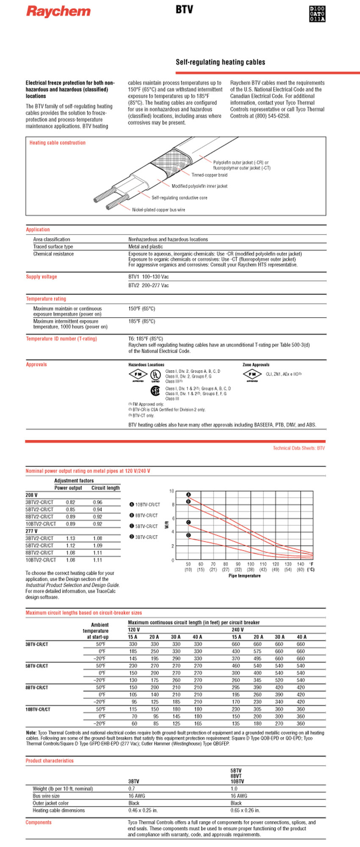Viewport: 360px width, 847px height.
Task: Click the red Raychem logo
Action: point(58,11)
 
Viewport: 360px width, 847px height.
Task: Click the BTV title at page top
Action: point(184,9)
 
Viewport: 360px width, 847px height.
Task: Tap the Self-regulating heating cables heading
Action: point(220,62)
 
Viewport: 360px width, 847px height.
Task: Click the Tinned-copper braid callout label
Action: point(209,175)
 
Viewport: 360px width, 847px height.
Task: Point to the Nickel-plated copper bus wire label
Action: point(158,210)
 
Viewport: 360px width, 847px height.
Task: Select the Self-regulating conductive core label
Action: point(179,198)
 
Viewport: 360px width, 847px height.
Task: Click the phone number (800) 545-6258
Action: point(272,116)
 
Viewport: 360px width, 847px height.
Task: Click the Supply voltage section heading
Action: point(42,277)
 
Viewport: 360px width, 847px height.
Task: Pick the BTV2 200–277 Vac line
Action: point(149,285)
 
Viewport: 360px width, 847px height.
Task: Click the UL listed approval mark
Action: point(156,375)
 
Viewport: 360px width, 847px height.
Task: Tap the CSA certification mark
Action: point(155,390)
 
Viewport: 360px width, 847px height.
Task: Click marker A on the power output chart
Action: point(188,495)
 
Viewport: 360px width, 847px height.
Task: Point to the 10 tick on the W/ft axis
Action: point(172,491)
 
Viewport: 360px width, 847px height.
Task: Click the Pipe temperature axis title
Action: point(244,576)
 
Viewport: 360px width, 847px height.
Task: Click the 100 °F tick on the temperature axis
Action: point(251,564)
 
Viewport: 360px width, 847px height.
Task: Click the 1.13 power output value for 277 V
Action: point(70,538)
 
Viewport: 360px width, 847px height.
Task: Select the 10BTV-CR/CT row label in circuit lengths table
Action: point(38,709)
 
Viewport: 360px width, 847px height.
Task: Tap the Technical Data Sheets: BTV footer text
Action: point(299,448)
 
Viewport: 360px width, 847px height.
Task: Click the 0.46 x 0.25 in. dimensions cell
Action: point(143,810)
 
